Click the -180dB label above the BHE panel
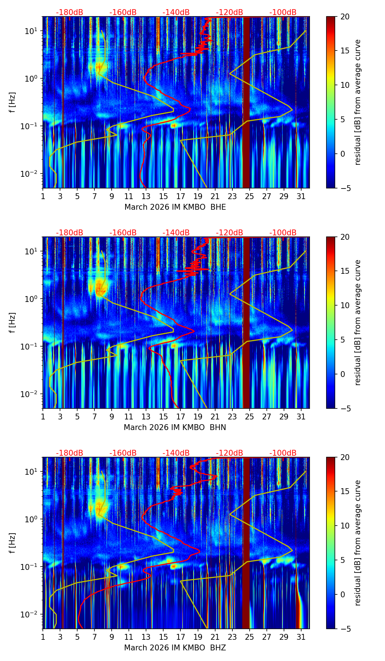tap(70, 12)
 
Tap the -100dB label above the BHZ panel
tap(283, 453)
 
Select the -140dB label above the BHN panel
tap(176, 233)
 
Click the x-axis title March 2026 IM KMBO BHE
tap(175, 207)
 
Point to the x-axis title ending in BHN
tap(175, 427)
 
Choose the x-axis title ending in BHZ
tap(175, 648)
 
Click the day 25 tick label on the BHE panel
tap(249, 196)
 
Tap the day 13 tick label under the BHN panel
tap(146, 417)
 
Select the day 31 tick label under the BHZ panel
tap(301, 637)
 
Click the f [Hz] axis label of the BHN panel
tap(12, 322)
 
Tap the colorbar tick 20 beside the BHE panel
tap(345, 17)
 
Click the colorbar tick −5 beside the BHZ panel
tap(345, 629)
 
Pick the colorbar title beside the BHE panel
tap(358, 102)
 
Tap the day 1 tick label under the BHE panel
tap(43, 196)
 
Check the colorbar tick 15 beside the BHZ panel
tap(345, 492)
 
